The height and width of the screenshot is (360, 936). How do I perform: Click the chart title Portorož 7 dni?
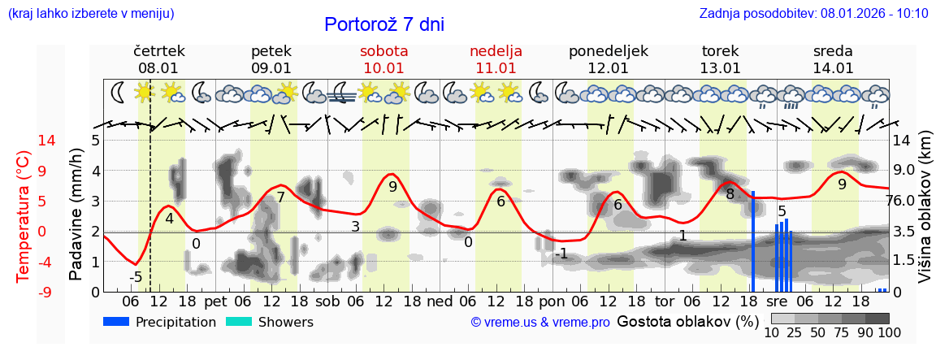pos(383,24)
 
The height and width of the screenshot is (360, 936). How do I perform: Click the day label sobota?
pos(383,51)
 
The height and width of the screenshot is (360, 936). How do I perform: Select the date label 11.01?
pos(496,68)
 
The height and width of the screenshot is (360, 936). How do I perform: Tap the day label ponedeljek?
pos(609,51)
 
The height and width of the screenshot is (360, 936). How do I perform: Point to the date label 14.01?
pos(833,68)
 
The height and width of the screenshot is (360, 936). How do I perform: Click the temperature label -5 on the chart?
pos(136,277)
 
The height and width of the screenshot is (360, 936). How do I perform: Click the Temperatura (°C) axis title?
pos(24,215)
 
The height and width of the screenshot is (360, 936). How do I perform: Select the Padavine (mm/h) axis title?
pos(76,215)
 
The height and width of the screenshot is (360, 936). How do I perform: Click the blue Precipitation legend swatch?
pos(116,322)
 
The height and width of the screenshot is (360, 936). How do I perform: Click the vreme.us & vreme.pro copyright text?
pos(540,323)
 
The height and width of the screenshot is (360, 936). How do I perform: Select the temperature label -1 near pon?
pos(561,254)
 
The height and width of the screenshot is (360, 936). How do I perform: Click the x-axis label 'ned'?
pos(440,301)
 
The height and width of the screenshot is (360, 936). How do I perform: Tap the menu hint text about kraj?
pos(91,13)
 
